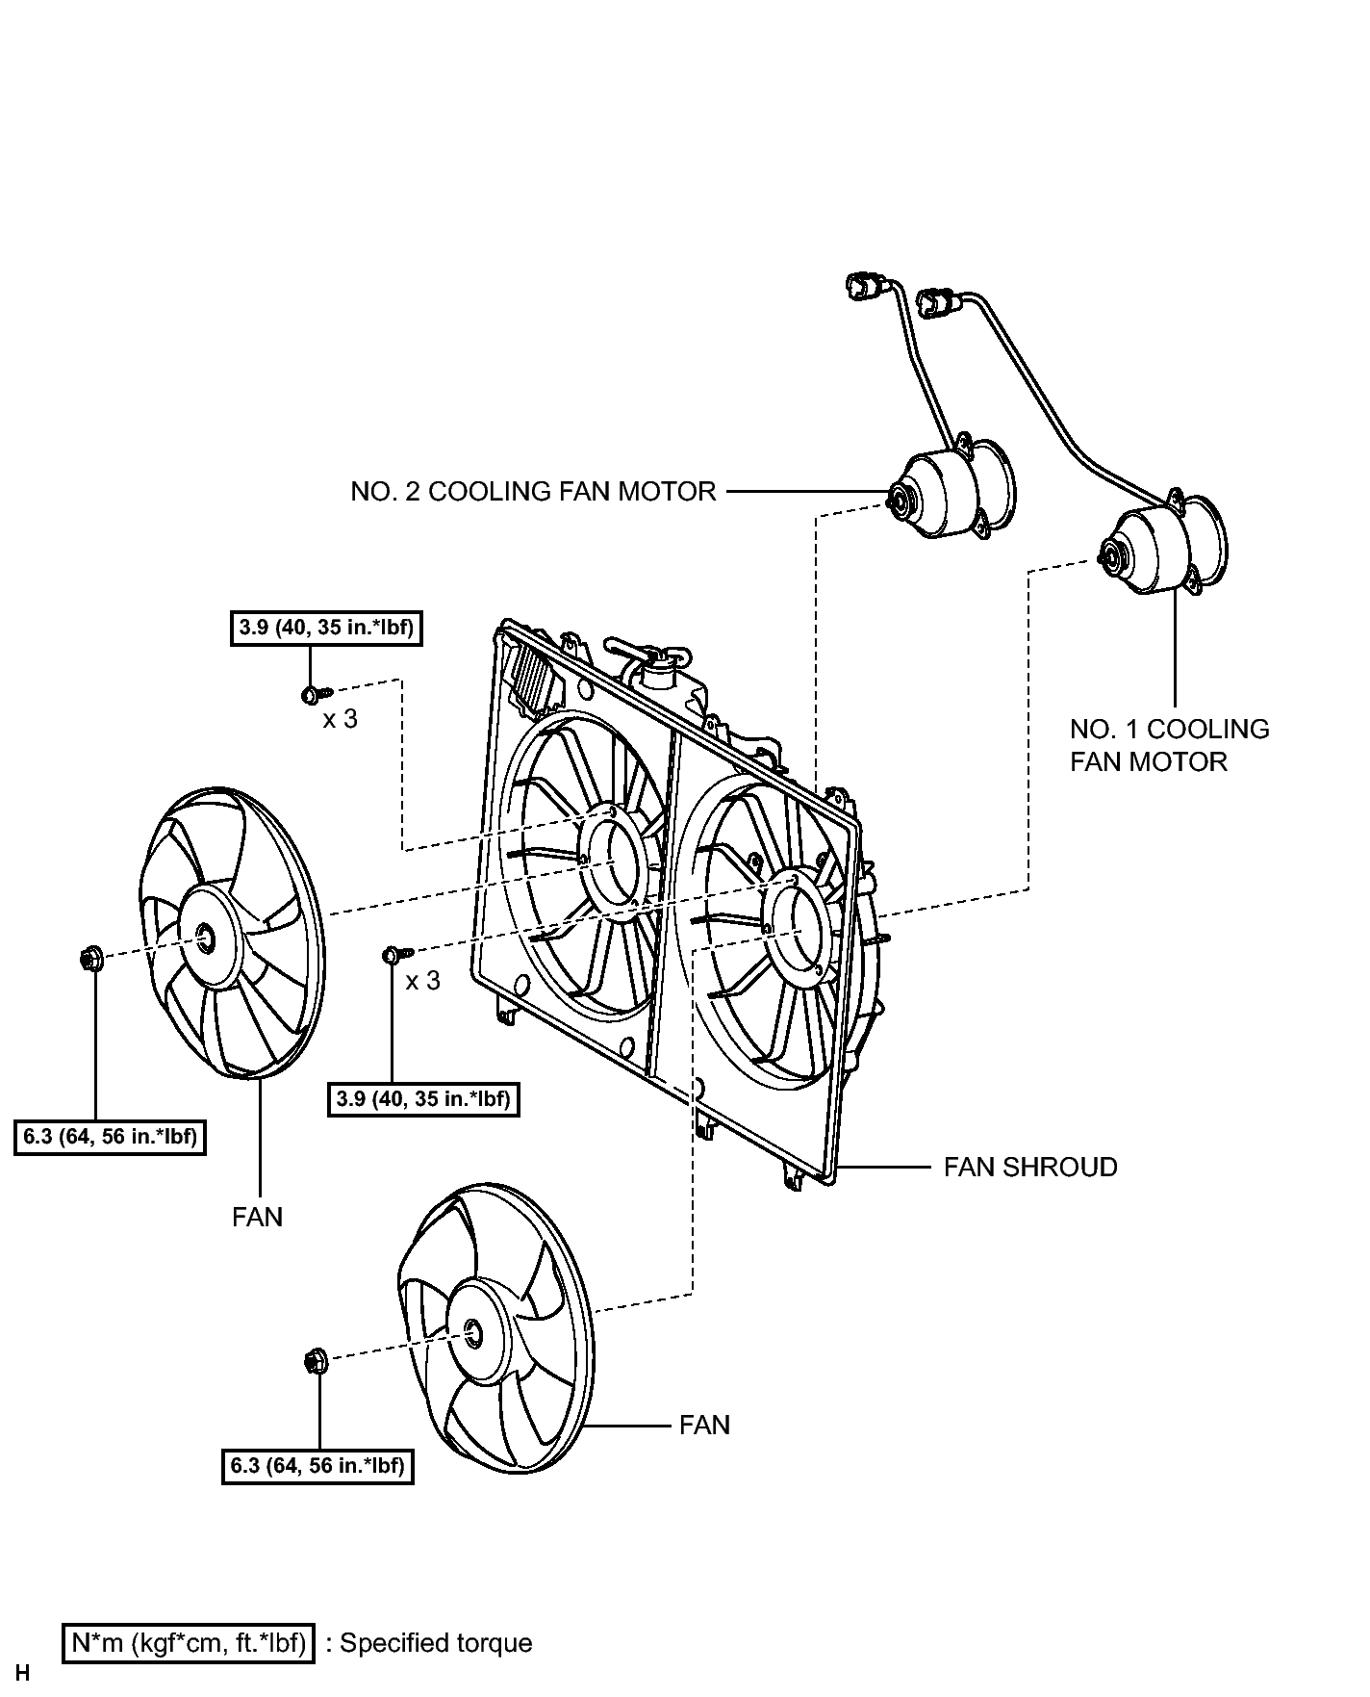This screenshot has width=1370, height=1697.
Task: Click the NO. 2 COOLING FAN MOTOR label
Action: pos(533,492)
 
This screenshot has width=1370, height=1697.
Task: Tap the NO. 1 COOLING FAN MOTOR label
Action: pos(1169,745)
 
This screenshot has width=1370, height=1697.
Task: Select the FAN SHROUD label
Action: pos(1030,1168)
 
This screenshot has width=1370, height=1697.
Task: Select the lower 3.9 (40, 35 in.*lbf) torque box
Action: pos(424,1098)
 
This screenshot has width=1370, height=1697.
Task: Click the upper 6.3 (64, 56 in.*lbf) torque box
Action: pos(110,1137)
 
